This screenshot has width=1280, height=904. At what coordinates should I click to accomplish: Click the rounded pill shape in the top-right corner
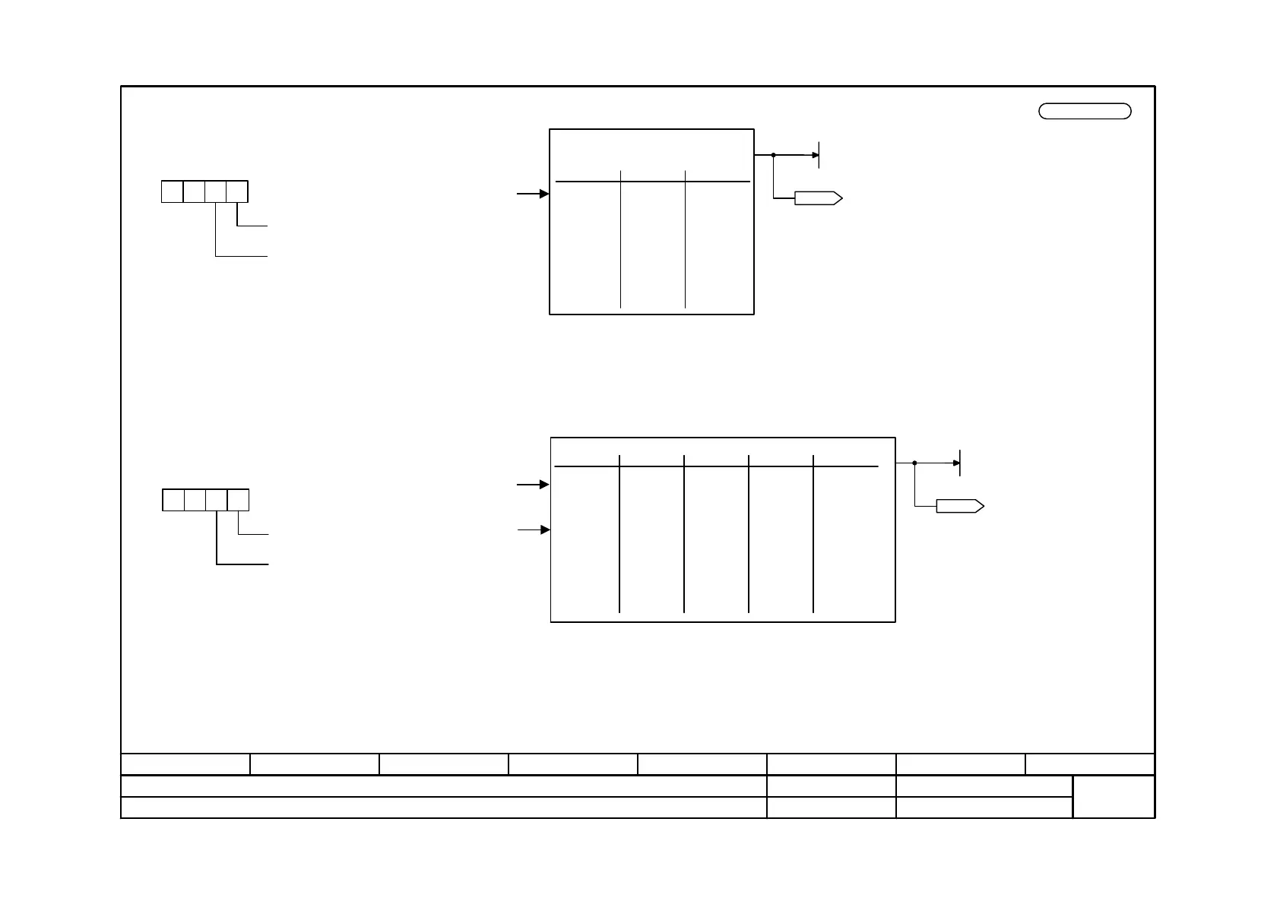[x=1085, y=111]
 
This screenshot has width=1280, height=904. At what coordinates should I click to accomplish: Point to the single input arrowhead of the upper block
[x=544, y=194]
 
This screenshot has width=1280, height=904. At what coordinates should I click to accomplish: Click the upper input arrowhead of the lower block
[x=544, y=484]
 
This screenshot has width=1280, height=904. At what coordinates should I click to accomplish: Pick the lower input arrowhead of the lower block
[x=544, y=529]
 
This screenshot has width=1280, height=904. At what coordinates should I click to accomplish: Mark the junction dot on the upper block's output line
[x=773, y=155]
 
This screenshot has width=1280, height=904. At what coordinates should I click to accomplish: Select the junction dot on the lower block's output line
[x=914, y=463]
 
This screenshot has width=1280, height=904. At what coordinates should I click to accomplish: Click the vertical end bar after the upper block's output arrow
[x=819, y=155]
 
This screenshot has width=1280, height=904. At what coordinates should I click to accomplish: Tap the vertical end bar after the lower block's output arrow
[x=960, y=463]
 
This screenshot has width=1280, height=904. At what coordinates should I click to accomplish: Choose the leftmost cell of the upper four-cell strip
[x=173, y=191]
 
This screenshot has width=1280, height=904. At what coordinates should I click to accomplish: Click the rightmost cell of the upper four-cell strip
[x=237, y=191]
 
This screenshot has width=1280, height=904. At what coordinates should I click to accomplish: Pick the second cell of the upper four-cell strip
[x=194, y=191]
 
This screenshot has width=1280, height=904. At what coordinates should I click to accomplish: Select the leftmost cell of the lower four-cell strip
[x=173, y=500]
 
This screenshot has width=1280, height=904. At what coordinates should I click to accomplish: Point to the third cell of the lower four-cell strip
[x=217, y=500]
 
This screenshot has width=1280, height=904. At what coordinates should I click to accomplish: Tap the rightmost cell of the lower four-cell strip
[x=239, y=500]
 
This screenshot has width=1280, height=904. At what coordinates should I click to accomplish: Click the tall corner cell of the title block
[x=1114, y=796]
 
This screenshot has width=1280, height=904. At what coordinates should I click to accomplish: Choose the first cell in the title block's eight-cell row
[x=185, y=764]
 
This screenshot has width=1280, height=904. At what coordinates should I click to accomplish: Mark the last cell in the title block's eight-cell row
[x=1090, y=764]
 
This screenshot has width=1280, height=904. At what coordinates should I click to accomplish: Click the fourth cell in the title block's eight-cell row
[x=573, y=764]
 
